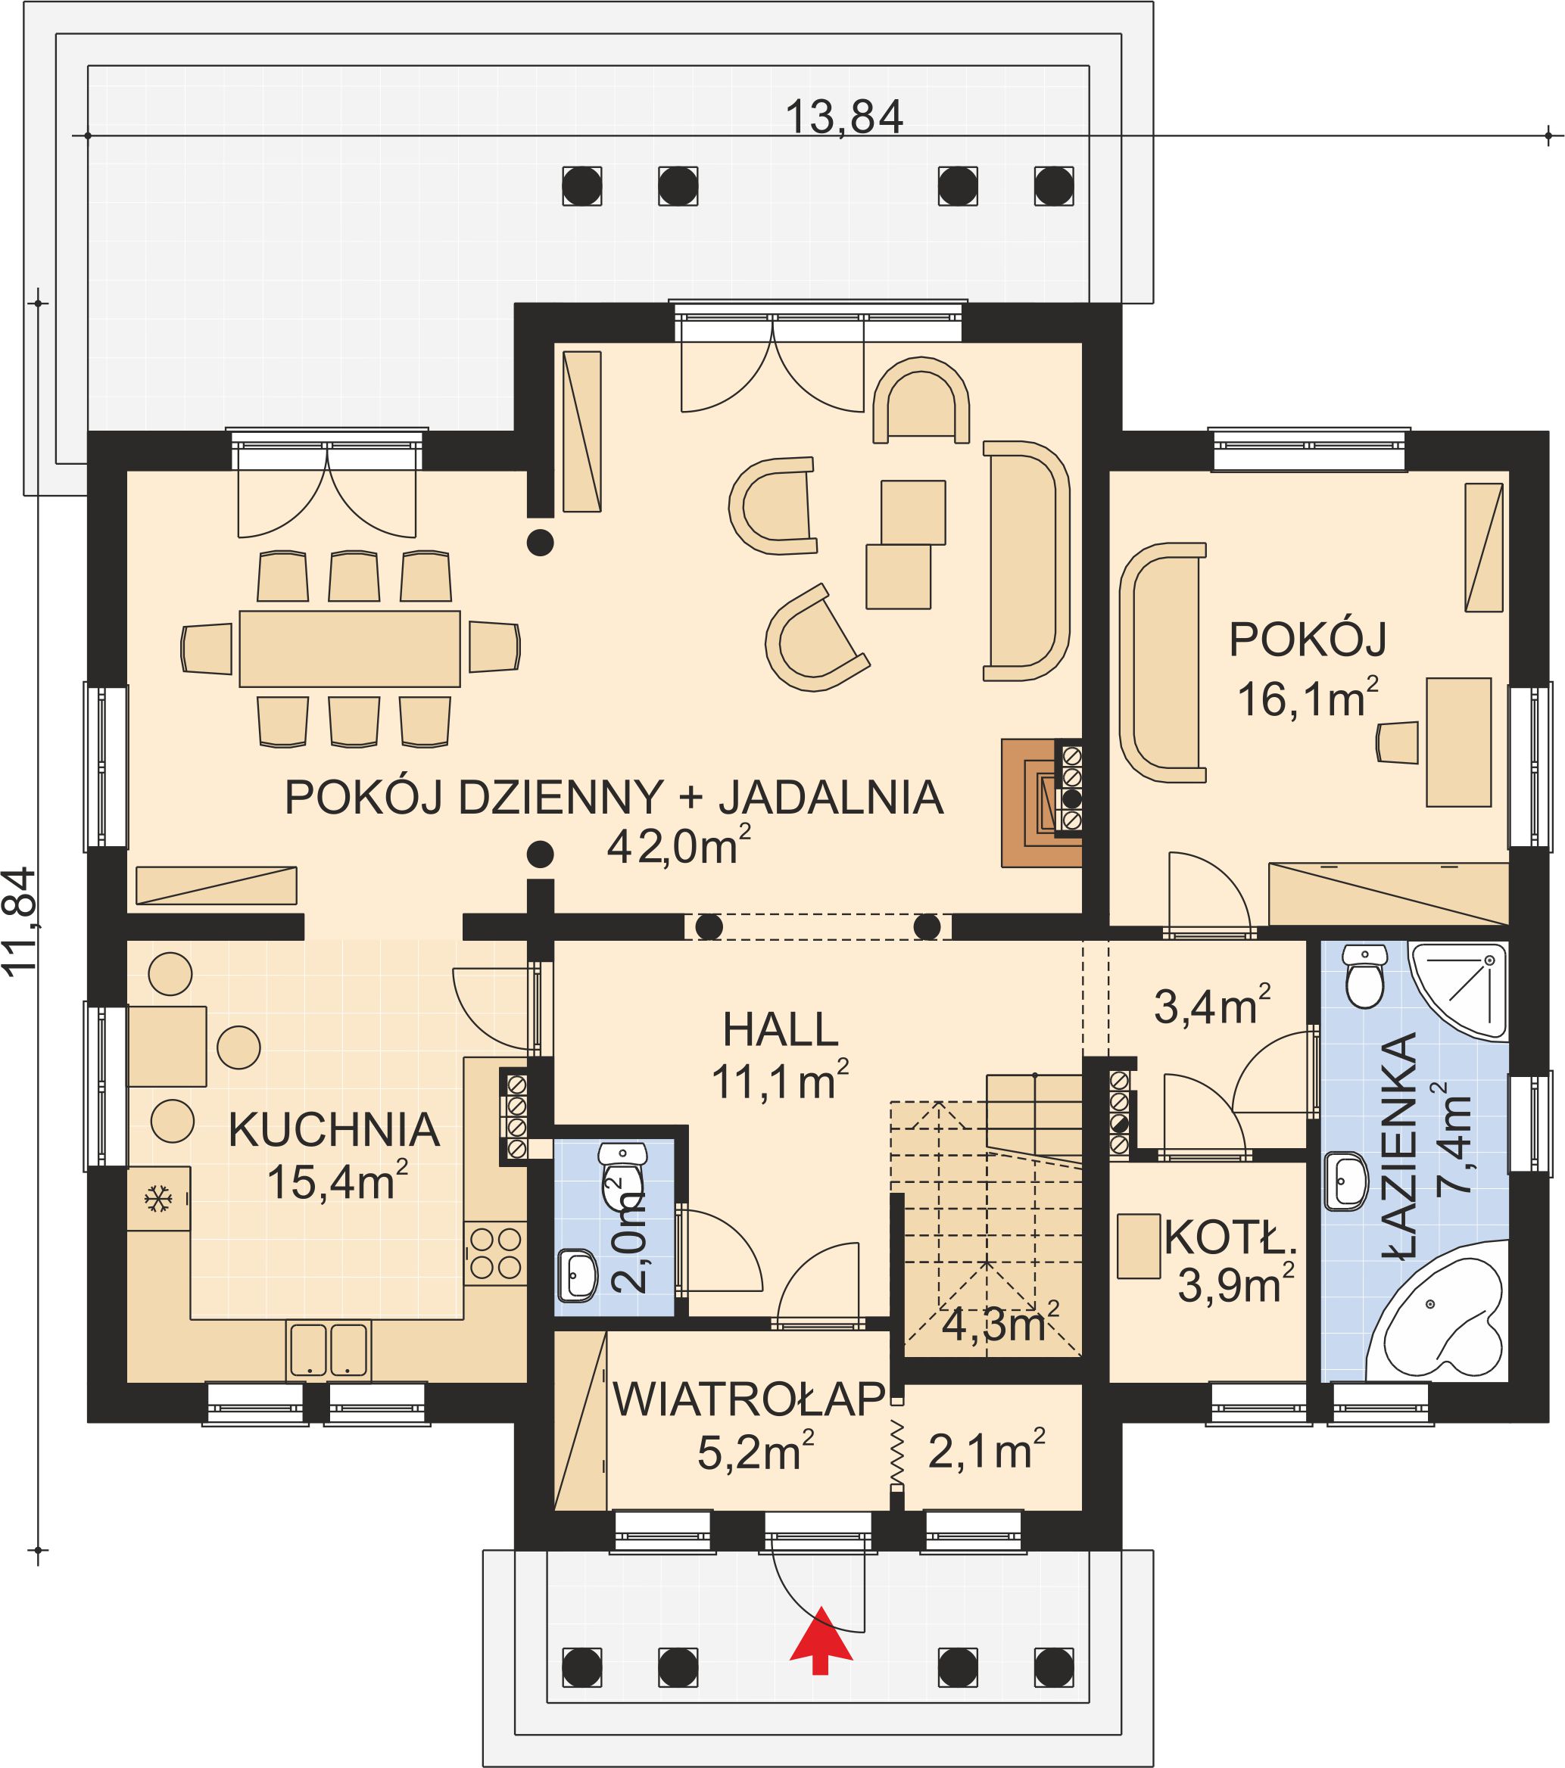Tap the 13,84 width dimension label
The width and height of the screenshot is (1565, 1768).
coord(843,117)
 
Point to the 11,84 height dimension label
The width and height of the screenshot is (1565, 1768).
coord(20,922)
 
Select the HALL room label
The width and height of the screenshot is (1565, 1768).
coord(781,1030)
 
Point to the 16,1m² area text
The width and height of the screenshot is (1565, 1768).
coord(1307,699)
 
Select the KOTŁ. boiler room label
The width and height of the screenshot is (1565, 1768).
coord(1230,1237)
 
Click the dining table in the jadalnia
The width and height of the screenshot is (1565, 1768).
coord(350,649)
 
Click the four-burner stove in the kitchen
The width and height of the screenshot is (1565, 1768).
coord(496,1253)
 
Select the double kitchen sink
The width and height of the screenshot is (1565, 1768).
coord(329,1350)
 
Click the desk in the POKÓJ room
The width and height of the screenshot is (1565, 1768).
coord(1458,742)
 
